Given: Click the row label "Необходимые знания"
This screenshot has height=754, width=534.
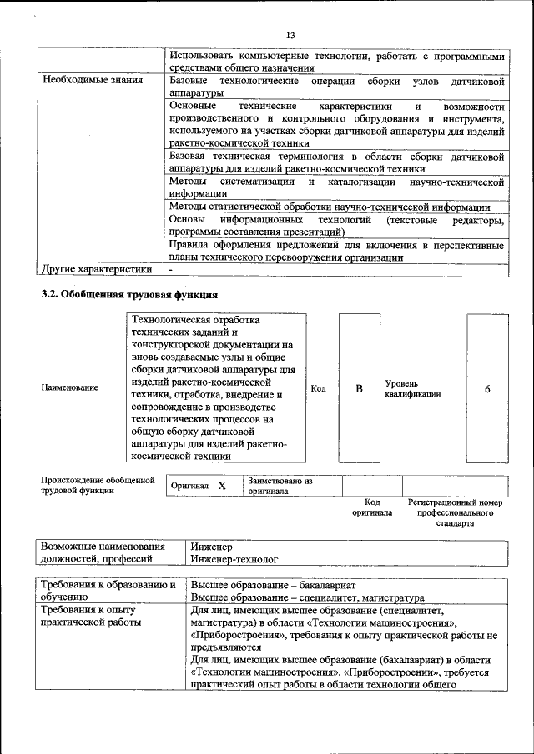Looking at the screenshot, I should tap(86, 81).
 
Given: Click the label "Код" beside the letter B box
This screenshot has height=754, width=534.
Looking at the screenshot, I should tap(318, 388).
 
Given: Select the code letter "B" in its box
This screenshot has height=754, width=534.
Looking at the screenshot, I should tap(359, 388).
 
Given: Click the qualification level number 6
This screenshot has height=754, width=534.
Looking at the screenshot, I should tap(487, 388).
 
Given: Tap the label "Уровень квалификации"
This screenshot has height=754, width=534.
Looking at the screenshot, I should tap(411, 388).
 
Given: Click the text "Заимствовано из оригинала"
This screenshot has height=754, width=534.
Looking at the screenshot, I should tap(279, 486).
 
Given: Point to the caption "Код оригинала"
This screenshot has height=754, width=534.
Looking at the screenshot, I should tap(372, 507).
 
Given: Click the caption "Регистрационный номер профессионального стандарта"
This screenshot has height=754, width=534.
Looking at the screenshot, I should tap(455, 512).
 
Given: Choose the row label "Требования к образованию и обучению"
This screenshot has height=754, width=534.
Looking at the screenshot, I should tap(108, 591).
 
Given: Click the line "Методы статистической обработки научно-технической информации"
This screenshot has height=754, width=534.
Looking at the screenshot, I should tap(329, 207).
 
